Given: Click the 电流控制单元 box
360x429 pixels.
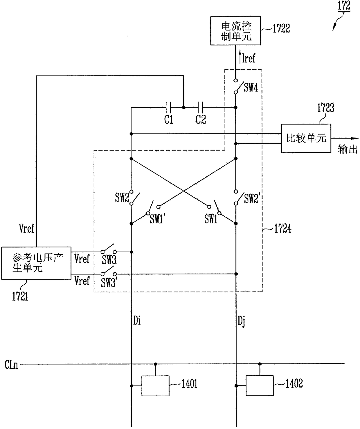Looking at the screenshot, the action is pos(235,31).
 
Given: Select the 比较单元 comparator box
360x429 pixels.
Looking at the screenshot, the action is pos(306,138).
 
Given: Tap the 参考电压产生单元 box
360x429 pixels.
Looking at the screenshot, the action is pos(36,263).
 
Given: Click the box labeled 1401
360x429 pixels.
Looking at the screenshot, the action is pos(155,386).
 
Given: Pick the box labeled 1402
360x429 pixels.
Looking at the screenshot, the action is pos(260,386).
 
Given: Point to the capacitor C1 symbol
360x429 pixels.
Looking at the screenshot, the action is pos(168,107).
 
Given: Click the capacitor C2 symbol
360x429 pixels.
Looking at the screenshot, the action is pos(200,107).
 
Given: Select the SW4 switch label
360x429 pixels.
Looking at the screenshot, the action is pos(251,87).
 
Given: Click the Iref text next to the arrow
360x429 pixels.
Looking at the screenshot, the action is pos(249,58).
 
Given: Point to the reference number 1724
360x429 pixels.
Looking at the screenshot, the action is pos(283,229).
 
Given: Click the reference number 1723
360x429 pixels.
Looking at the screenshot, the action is pos(326,108).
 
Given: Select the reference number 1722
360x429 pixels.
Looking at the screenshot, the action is pos(281,28).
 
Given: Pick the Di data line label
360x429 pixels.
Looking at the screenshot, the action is pos(137,320).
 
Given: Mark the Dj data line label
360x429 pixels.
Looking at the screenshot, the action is pos(241,321).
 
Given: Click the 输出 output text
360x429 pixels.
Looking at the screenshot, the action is pos(348,149).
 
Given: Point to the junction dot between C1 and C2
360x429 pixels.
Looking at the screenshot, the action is pos(183,107).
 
